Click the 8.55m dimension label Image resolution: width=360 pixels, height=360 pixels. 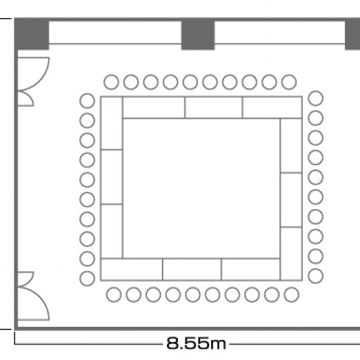pos(196,343)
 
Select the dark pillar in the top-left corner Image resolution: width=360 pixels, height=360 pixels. pos(32,34)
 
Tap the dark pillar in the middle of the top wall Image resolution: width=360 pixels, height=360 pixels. pos(198,34)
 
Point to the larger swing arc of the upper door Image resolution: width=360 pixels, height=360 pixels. pos(41,78)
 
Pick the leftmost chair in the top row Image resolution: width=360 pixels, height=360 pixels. pos(111,82)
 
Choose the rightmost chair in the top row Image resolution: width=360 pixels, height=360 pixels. pos(289,82)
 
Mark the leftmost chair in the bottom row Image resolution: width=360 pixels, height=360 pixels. pos(114,295)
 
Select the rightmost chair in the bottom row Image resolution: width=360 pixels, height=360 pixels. pos(291,295)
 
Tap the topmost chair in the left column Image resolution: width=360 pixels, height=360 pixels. pos(87,101)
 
